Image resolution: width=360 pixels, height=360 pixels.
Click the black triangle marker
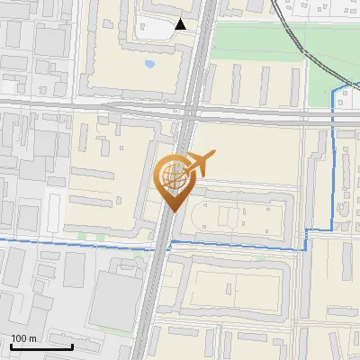coord(181,24)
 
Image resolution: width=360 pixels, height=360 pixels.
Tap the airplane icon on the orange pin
coord(199,164)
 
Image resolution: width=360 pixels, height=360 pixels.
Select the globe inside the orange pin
coord(172,174)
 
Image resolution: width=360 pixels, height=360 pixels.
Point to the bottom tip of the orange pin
coord(172,211)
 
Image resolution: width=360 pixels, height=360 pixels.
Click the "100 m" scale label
coord(23,338)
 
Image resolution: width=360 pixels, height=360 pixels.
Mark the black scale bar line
coord(41,346)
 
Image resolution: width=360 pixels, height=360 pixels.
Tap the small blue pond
coord(149,65)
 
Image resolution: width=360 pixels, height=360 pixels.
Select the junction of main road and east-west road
coord(189,112)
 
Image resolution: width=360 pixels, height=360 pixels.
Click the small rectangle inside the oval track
coord(225,216)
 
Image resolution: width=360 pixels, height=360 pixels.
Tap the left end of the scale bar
coord(11,346)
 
